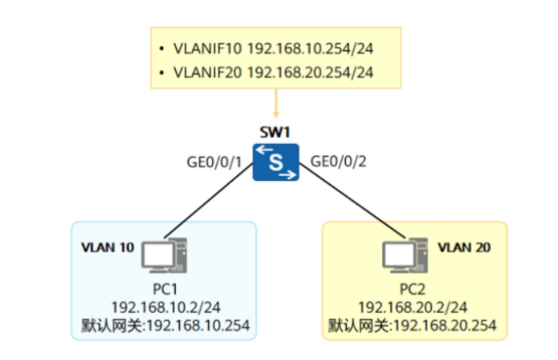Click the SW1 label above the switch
[x=275, y=132]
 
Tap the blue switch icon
[x=276, y=163]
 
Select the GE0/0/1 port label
[x=214, y=163]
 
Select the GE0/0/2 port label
[x=339, y=162]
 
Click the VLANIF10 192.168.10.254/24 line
[x=274, y=48]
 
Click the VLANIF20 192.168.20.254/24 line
[x=274, y=72]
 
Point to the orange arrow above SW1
[x=276, y=103]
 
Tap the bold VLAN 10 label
[x=108, y=247]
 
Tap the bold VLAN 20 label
[x=464, y=247]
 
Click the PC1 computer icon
[x=164, y=256]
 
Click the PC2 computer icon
[x=405, y=256]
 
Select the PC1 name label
[x=165, y=289]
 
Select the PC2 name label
[x=413, y=289]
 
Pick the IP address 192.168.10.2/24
[x=166, y=307]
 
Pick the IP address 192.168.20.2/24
[x=413, y=307]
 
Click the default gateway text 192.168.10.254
[x=198, y=325]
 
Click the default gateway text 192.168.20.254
[x=445, y=325]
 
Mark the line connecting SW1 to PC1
[x=209, y=201]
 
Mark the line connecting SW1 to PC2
[x=353, y=201]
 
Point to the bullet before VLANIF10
[x=162, y=48]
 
